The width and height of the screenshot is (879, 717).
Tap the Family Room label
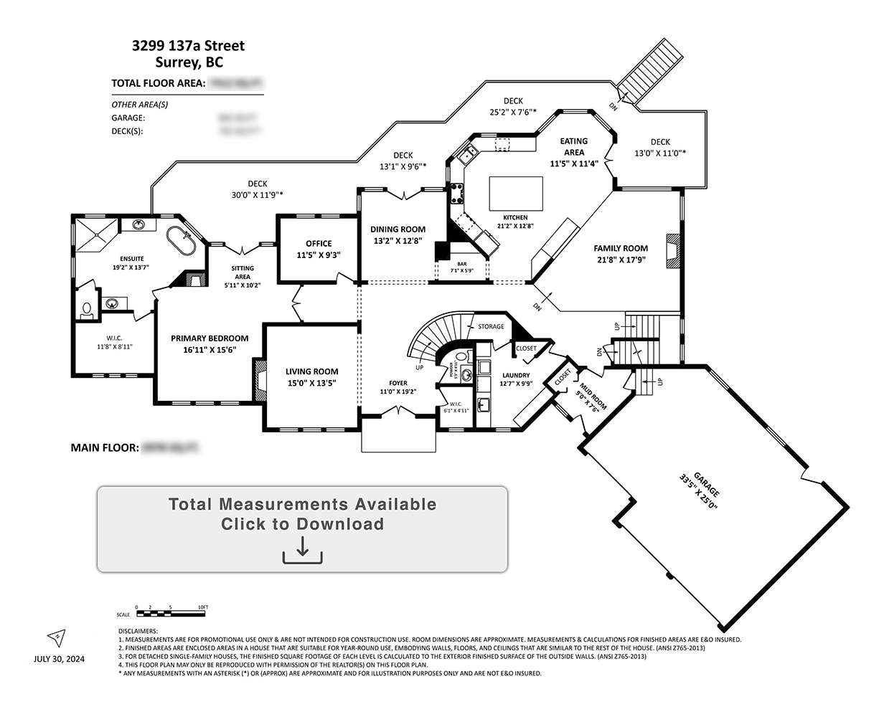tap(621, 248)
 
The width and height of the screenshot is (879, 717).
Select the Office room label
tap(319, 243)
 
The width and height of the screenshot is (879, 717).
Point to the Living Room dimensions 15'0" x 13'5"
tap(311, 383)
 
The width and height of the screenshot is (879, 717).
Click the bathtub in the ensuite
tap(180, 241)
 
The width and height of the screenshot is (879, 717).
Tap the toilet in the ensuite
tap(87, 309)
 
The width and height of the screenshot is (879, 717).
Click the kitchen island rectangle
tap(515, 192)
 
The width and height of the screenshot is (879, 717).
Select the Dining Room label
tap(398, 229)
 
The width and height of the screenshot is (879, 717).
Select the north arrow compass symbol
tap(56, 636)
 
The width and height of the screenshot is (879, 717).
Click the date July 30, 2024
tap(59, 660)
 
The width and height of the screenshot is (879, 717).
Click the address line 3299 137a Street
tap(188, 46)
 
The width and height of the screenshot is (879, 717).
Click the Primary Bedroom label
tap(210, 338)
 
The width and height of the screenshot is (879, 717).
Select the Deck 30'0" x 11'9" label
tap(258, 184)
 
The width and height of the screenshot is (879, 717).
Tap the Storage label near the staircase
tap(492, 326)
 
